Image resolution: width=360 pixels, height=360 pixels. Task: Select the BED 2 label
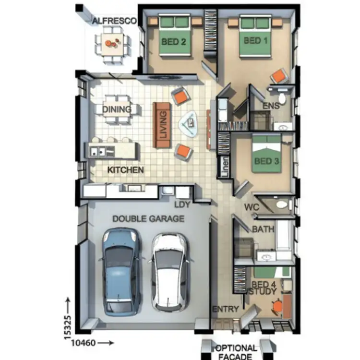[x=173, y=42]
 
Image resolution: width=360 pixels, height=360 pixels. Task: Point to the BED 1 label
[x=255, y=41]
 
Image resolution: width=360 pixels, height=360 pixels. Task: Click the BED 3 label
[x=266, y=161]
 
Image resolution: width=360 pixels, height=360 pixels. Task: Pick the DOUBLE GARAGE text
[x=148, y=219]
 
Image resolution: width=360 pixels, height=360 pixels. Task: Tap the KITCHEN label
[x=125, y=170]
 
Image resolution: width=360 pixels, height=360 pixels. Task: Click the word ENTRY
[x=225, y=309]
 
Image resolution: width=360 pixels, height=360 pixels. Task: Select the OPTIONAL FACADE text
[x=235, y=352]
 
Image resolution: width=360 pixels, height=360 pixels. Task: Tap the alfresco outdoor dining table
[x=112, y=44]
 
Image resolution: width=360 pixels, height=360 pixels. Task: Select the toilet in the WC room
[x=283, y=205]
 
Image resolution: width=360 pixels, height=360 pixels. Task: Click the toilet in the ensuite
[x=282, y=99]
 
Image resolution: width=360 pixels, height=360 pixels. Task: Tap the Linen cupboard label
[x=224, y=166]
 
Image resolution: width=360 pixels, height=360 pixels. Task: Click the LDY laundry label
[x=182, y=204]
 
